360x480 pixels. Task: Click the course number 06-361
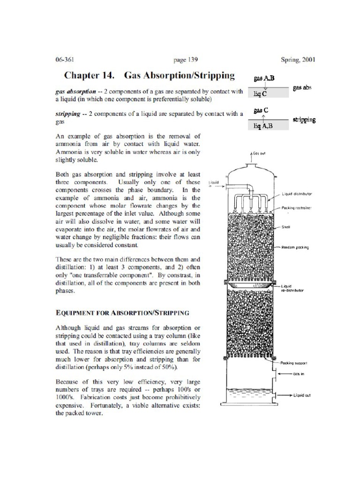(65, 60)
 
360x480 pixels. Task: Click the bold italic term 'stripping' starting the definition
(68, 113)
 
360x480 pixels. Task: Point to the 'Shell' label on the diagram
(286, 227)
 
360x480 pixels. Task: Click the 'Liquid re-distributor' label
(293, 288)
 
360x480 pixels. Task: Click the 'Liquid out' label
(302, 395)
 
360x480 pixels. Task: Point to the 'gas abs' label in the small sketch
(302, 88)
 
